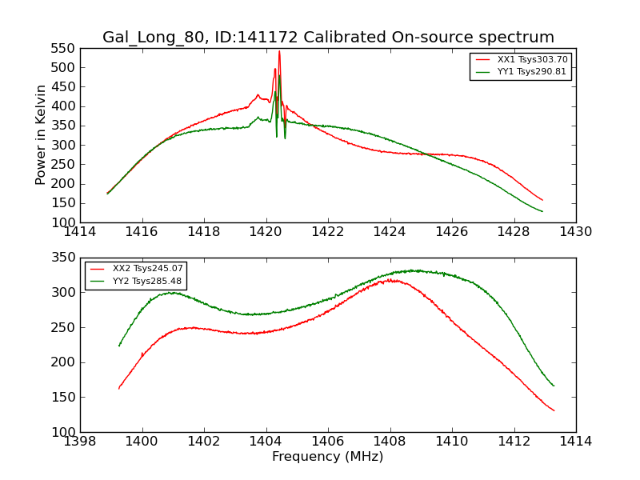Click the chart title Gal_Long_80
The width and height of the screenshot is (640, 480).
pyautogui.click(x=328, y=38)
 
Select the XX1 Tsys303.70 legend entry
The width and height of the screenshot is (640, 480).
pyautogui.click(x=532, y=60)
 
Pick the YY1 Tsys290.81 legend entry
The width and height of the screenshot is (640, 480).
pyautogui.click(x=532, y=72)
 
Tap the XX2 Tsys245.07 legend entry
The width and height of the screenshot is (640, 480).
pyautogui.click(x=148, y=269)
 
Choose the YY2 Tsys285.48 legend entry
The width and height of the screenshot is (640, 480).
pyautogui.click(x=148, y=281)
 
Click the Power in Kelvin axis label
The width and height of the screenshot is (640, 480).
pyautogui.click(x=42, y=135)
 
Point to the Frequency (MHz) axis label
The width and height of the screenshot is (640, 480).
pyautogui.click(x=328, y=457)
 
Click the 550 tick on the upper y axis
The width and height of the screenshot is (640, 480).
pyautogui.click(x=64, y=48)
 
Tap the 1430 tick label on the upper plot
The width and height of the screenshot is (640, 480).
pyautogui.click(x=576, y=232)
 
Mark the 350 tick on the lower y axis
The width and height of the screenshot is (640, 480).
pyautogui.click(x=64, y=258)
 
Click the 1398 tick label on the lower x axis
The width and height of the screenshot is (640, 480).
pyautogui.click(x=80, y=442)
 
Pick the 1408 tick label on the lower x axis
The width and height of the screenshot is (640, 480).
pyautogui.click(x=390, y=442)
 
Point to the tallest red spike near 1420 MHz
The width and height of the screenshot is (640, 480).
pyautogui.click(x=279, y=52)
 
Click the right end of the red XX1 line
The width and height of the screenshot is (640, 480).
pyautogui.click(x=542, y=200)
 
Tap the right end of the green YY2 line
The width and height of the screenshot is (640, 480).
pyautogui.click(x=554, y=386)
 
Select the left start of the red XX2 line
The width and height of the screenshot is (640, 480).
pyautogui.click(x=118, y=389)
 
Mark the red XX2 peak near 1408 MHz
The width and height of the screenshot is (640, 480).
pyautogui.click(x=392, y=280)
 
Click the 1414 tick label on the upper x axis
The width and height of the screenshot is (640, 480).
pyautogui.click(x=80, y=232)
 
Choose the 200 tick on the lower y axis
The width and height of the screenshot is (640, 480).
pyautogui.click(x=64, y=362)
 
